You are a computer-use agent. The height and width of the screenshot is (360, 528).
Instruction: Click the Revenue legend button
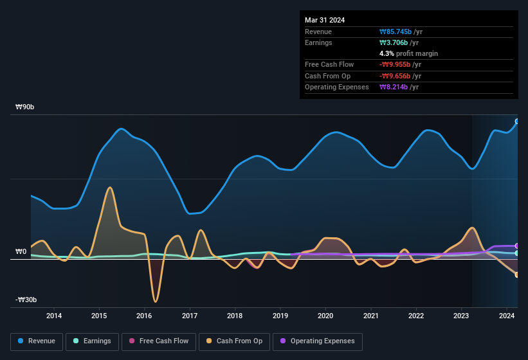coord(37,341)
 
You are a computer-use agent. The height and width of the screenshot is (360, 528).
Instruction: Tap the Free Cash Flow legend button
coord(159,341)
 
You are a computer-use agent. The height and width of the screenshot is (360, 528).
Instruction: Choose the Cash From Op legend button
coord(233,341)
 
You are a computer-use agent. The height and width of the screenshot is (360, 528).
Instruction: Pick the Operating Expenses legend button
coord(317,341)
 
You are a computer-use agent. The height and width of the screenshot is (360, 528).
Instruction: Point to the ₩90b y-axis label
coord(26,107)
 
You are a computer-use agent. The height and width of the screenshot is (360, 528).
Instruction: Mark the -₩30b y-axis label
coord(26,300)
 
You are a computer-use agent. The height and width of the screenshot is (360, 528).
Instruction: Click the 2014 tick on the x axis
coord(54,316)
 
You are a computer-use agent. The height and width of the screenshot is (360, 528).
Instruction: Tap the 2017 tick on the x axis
coord(190,316)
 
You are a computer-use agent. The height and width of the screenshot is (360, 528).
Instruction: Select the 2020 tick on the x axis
coord(325,316)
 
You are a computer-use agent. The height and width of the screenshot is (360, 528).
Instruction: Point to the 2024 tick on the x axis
coord(507,316)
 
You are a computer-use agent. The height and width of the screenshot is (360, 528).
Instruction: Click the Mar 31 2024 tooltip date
coord(325,20)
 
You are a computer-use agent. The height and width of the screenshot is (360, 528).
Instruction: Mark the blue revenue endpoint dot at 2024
coord(517,122)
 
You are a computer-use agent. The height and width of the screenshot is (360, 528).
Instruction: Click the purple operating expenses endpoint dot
coord(517,246)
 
